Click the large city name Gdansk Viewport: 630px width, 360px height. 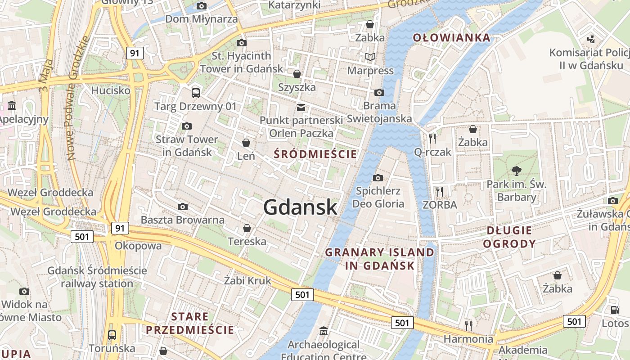[x=300, y=207]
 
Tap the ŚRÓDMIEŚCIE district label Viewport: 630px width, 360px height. [x=315, y=154]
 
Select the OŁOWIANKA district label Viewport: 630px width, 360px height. [x=451, y=37]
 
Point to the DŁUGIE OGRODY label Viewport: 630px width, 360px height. [x=511, y=237]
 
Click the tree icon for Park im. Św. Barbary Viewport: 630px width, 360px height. [x=516, y=171]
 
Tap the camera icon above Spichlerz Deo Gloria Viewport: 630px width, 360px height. [x=378, y=178]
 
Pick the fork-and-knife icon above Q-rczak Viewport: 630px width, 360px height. [x=432, y=138]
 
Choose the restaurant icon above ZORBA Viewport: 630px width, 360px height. [x=440, y=191]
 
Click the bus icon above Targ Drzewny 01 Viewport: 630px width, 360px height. [x=195, y=93]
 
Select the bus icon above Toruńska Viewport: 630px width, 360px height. [x=112, y=335]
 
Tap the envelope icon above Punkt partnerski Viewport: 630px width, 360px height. [x=301, y=107]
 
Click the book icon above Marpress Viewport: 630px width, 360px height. [x=370, y=57]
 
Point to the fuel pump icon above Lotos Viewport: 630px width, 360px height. [x=615, y=310]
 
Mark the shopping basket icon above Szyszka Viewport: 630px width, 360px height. [x=297, y=73]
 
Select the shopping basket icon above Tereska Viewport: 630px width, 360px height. [x=247, y=228]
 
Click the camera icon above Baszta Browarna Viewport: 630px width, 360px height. [x=182, y=207]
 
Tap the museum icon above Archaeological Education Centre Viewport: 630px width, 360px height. [x=323, y=332]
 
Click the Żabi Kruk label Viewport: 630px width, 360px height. [x=248, y=281]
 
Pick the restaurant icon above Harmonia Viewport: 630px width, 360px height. [x=468, y=325]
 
